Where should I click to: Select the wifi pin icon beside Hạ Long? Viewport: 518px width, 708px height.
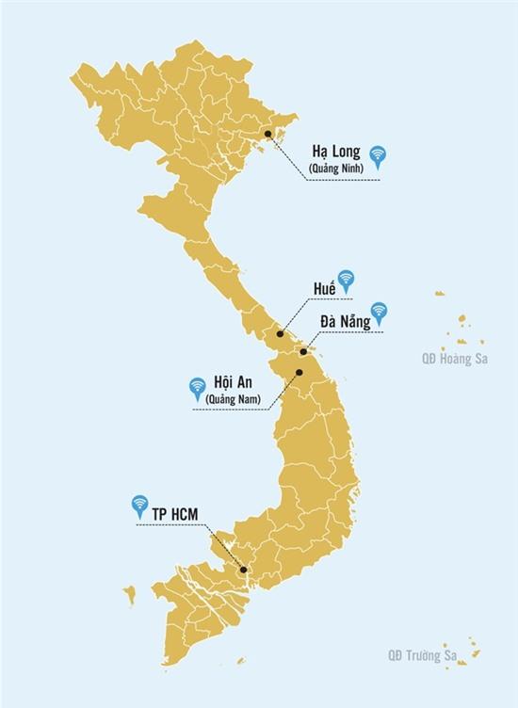378,155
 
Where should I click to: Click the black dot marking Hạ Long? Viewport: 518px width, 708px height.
268,135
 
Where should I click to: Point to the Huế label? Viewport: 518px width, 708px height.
324,287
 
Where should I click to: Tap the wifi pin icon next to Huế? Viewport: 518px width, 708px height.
347,279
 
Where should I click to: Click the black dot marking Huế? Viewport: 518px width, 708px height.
281,333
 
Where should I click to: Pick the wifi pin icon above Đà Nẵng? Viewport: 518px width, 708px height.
379,311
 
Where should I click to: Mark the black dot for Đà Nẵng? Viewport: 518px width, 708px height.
303,352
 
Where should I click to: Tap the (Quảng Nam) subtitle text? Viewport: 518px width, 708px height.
233,401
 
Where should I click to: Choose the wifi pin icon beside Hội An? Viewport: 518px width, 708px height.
198,387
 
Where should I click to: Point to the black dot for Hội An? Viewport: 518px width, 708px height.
299,373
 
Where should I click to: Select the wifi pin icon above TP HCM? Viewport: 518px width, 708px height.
140,505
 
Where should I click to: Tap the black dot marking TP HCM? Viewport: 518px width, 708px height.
243,570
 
